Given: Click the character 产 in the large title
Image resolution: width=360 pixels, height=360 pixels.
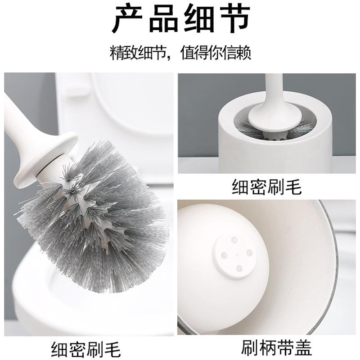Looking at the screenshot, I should (127, 21).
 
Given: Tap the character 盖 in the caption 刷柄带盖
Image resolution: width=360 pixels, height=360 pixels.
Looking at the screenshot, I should (302, 347).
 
